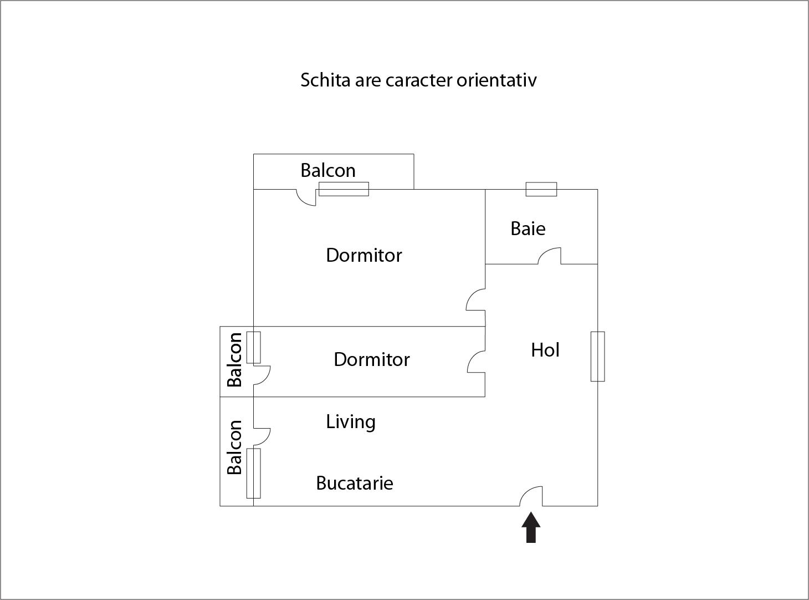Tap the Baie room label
(528, 228)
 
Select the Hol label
(545, 350)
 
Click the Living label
(350, 422)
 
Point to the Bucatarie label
(355, 483)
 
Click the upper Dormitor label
(363, 255)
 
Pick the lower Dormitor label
(371, 359)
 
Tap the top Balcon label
(328, 170)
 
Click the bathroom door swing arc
(549, 256)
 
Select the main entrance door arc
(531, 496)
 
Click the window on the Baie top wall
(541, 189)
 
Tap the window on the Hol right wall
(597, 357)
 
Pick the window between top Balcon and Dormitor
(344, 189)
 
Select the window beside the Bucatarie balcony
(253, 473)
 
